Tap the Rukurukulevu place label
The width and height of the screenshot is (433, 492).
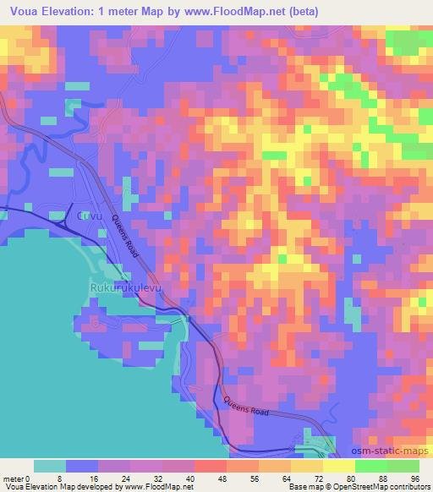click(123, 288)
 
